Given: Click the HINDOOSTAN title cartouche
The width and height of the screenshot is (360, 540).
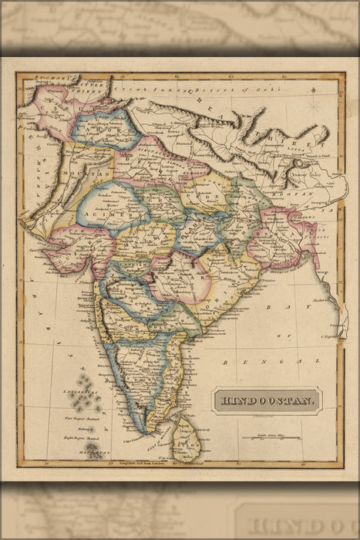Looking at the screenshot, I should [266, 400].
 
